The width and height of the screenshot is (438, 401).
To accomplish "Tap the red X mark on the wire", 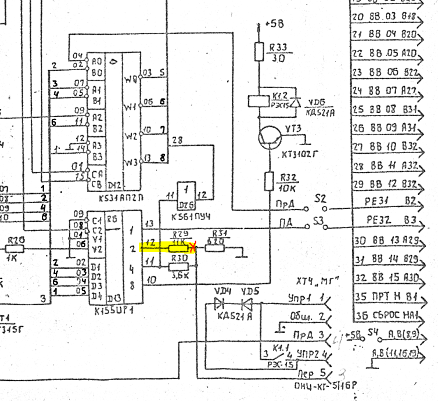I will coord(192,247).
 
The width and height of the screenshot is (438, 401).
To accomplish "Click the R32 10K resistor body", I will coord(268,181).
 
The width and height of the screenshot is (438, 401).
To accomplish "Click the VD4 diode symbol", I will coord(220,303).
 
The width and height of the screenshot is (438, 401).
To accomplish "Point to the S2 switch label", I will coord(320,198).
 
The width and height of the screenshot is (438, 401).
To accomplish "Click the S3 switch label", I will coord(318,221).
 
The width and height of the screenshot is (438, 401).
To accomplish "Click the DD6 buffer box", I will coord(186,196).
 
